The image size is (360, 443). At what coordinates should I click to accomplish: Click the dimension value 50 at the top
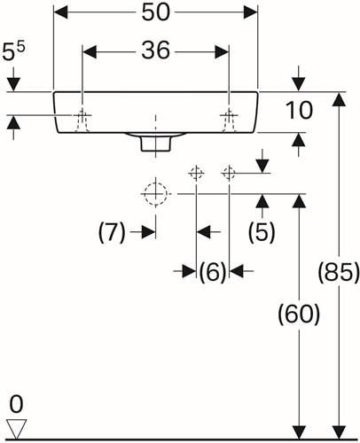point(156,12)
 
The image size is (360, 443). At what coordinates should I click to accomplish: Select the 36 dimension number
point(156,51)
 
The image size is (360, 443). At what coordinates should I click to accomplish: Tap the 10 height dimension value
point(299,111)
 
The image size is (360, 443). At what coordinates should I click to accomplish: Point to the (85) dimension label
point(339,272)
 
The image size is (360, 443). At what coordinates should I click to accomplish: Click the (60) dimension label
point(299,315)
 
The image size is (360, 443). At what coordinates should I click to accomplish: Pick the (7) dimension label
point(112,232)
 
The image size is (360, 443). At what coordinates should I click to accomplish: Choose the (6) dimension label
point(213,272)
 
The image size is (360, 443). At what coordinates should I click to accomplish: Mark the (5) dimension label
point(262,232)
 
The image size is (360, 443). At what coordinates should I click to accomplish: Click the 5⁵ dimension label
point(13,51)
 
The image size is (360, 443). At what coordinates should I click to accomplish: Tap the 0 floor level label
point(16,404)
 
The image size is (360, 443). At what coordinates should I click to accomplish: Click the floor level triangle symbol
point(17,429)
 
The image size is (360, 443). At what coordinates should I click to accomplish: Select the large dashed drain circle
point(155,194)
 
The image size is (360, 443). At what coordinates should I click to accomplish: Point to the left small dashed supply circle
point(196,173)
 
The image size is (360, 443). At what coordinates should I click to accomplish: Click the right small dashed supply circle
point(229,173)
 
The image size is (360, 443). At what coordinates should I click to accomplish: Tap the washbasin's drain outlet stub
point(156,144)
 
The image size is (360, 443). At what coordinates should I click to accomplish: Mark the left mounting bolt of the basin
point(82,120)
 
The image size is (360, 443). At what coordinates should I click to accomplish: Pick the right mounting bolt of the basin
point(229,120)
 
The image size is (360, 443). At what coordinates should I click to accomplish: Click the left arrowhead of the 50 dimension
point(60,12)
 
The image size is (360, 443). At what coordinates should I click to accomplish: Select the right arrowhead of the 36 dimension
point(222,52)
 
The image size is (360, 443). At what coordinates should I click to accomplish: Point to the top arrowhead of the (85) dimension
point(339,99)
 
